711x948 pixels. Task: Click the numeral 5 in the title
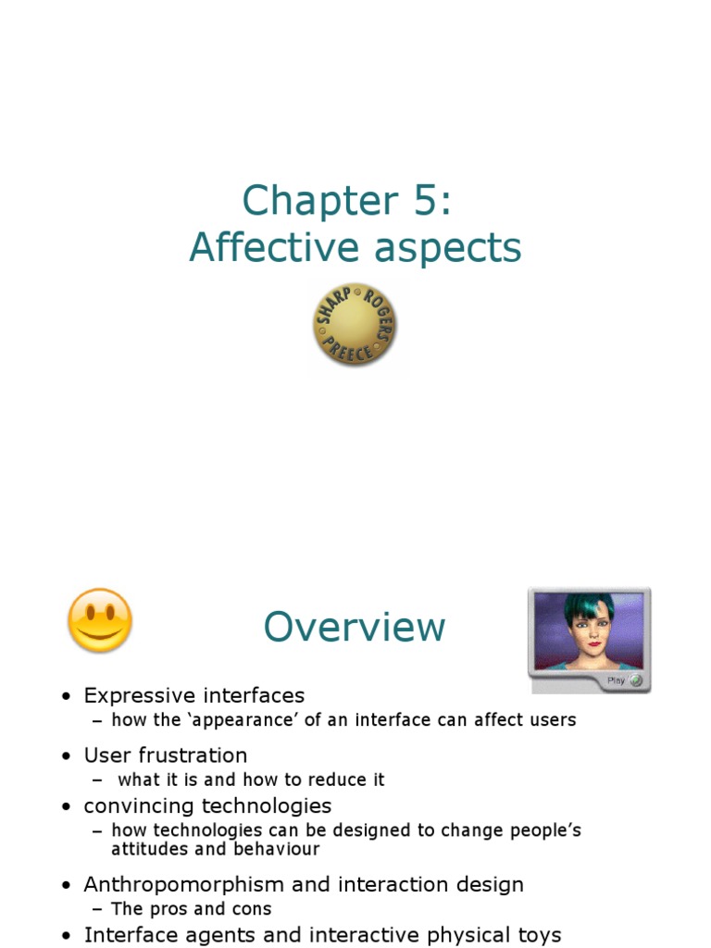click(425, 201)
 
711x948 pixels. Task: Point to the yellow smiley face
click(100, 619)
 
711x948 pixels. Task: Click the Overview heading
click(355, 627)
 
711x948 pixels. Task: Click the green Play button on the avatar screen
click(635, 680)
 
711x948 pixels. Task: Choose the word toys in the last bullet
click(539, 935)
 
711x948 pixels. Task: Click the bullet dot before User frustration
click(66, 756)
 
